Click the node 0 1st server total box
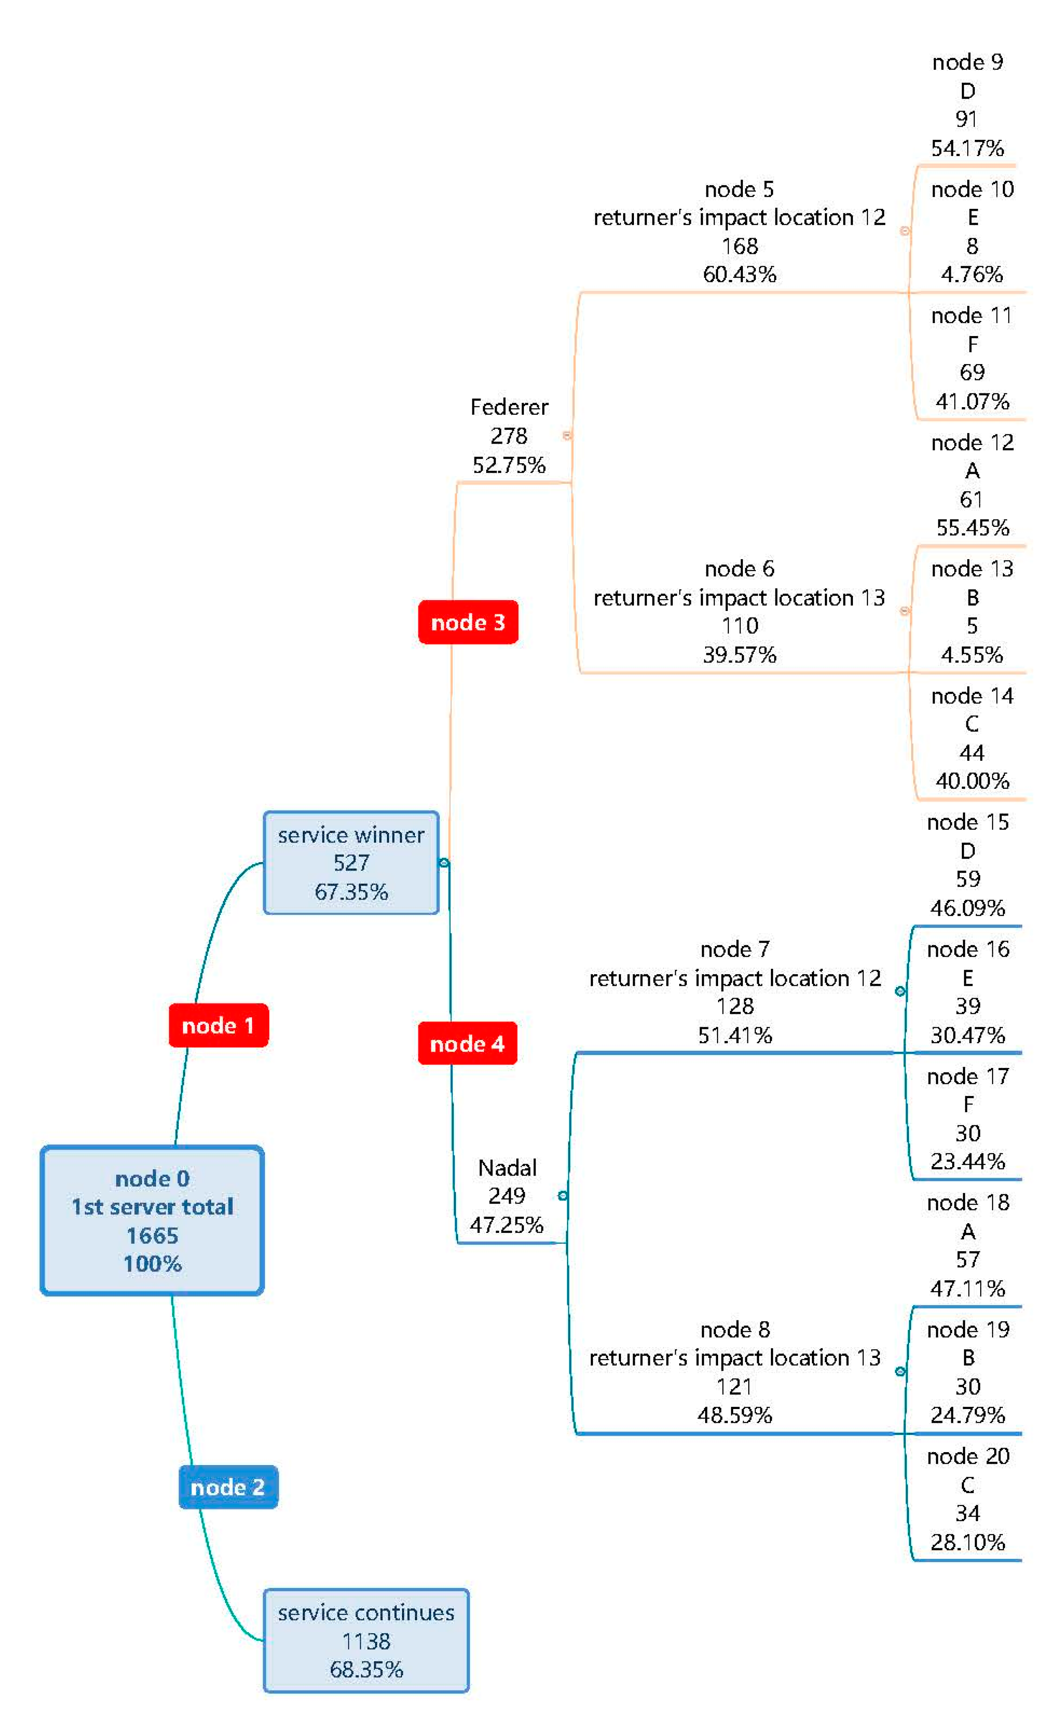[152, 1220]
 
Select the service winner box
[351, 862]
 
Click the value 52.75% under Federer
[509, 465]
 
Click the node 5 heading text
[739, 189]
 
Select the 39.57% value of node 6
[739, 655]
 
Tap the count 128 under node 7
[735, 1006]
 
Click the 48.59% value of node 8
[735, 1414]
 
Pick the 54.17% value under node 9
[967, 148]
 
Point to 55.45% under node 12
[972, 527]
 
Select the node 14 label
[972, 696]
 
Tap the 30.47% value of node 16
[967, 1035]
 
